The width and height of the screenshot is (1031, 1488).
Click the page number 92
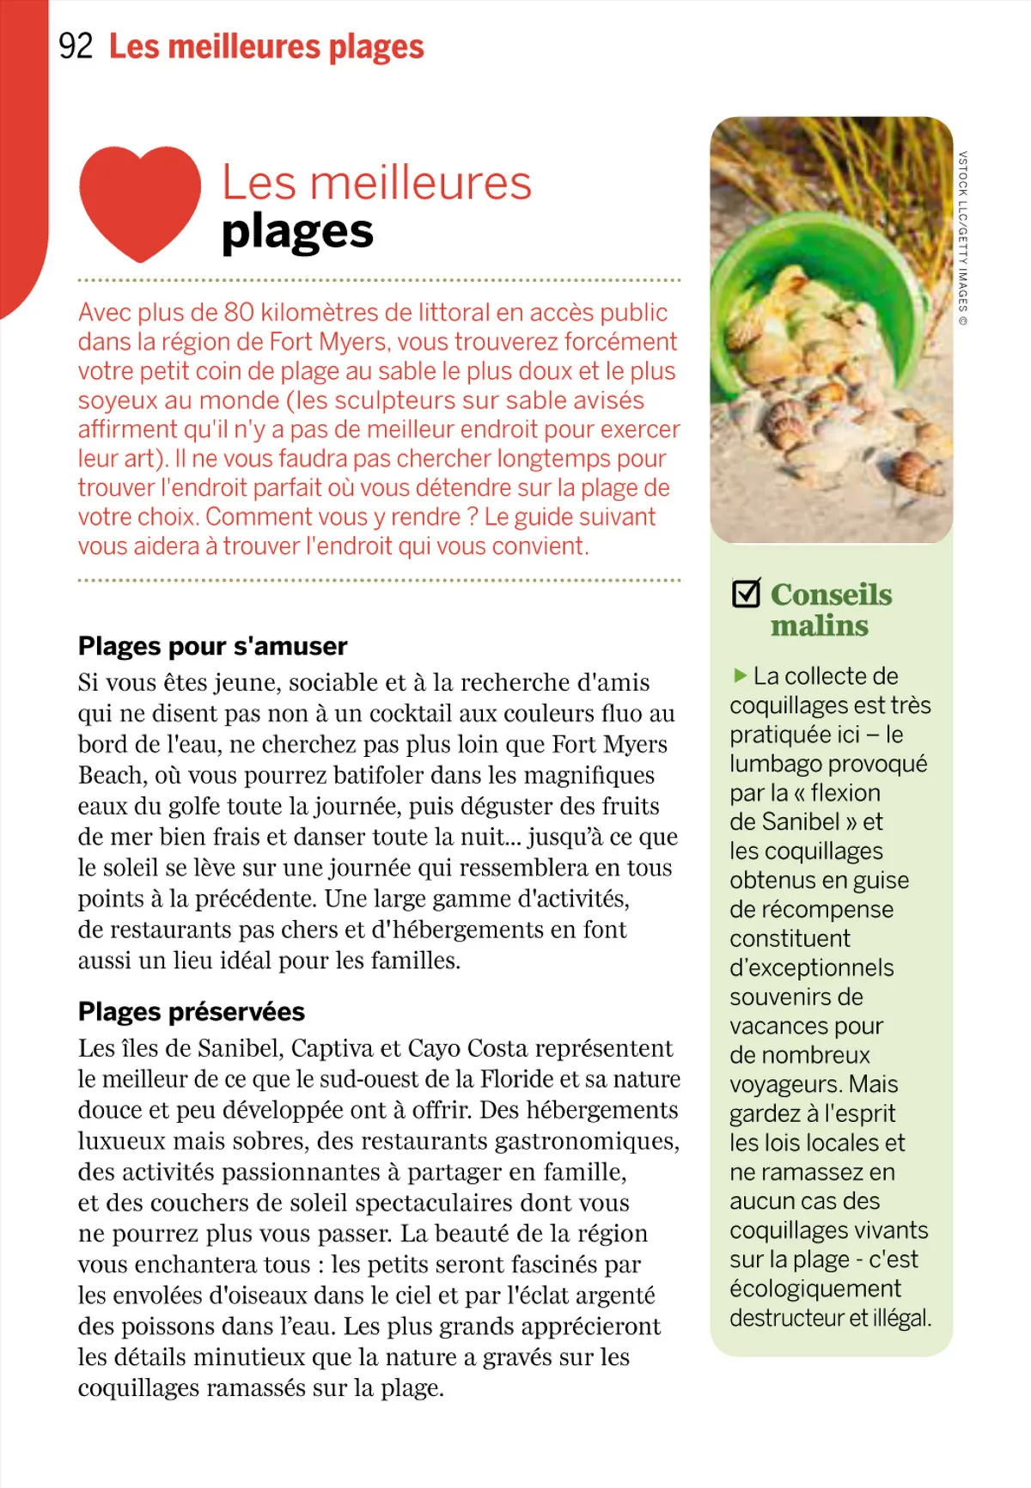tap(75, 46)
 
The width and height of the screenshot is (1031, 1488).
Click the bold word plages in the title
tap(297, 232)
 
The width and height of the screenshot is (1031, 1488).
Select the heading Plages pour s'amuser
tap(212, 646)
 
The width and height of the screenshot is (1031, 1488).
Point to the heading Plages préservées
tap(191, 1012)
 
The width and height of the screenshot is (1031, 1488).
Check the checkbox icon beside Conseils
tap(746, 593)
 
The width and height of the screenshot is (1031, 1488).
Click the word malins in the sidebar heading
tap(819, 626)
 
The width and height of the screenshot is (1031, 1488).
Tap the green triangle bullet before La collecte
tap(740, 676)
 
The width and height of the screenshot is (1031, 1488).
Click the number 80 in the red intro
tap(239, 313)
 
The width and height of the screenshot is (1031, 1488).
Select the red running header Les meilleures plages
tap(266, 46)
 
